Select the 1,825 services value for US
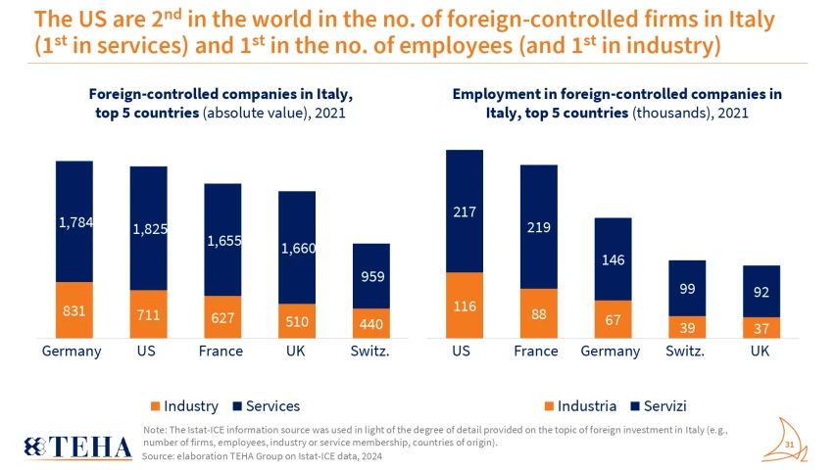(x=149, y=229)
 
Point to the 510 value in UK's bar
(x=297, y=321)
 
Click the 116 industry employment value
(x=464, y=306)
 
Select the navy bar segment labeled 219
(x=538, y=226)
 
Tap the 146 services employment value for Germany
(x=613, y=259)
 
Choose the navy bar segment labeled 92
(x=761, y=291)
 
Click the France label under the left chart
(x=221, y=352)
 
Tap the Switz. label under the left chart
(x=370, y=352)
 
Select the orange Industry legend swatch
(x=154, y=405)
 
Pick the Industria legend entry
(x=584, y=405)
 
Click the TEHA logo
(x=78, y=446)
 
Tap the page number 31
(x=789, y=444)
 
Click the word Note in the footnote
(x=154, y=430)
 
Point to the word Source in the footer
(x=160, y=455)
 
